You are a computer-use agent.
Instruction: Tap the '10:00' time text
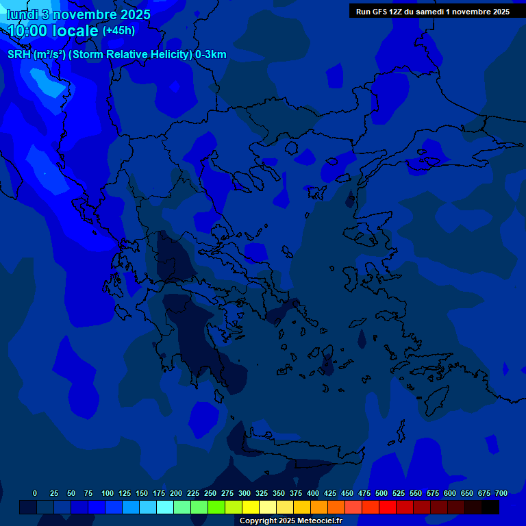tap(28, 31)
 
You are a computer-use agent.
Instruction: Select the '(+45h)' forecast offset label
tap(118, 31)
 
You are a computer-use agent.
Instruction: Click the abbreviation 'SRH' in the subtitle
tap(19, 55)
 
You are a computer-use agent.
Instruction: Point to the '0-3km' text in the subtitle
tap(211, 55)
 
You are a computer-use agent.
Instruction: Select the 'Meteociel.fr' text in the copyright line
tap(316, 521)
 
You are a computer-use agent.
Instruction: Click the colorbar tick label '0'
tap(35, 493)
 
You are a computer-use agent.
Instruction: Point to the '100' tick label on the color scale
tap(108, 493)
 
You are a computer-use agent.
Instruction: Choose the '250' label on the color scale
tap(210, 493)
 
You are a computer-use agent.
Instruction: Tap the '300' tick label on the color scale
tap(245, 493)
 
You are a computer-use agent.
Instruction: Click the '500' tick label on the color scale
tap(381, 493)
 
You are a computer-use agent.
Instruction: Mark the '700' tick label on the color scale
tap(501, 493)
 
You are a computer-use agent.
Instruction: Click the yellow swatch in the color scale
tap(251, 507)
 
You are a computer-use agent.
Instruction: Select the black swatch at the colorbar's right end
tap(490, 507)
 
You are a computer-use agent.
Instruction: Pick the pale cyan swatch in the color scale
tap(165, 507)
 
